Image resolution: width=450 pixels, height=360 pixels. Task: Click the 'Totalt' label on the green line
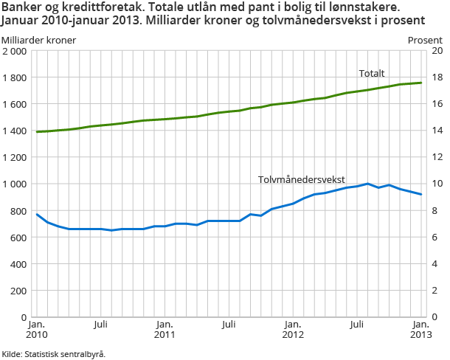pyautogui.click(x=372, y=73)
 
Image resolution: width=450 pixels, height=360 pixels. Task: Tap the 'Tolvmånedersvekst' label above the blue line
pyautogui.click(x=301, y=179)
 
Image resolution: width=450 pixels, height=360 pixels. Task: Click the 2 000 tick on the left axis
pyautogui.click(x=15, y=51)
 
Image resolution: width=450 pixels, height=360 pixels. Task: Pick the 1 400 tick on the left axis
pyautogui.click(x=15, y=131)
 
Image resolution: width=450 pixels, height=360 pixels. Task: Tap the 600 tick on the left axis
pyautogui.click(x=19, y=238)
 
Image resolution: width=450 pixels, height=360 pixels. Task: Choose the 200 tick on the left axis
pyautogui.click(x=19, y=291)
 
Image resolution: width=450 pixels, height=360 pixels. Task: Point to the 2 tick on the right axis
pyautogui.click(x=435, y=291)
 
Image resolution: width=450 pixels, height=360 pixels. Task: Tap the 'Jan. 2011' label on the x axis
pyautogui.click(x=165, y=330)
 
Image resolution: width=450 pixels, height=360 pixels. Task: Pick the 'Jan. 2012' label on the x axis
pyautogui.click(x=293, y=330)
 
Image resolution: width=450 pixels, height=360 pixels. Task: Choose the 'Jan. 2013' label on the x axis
pyautogui.click(x=420, y=330)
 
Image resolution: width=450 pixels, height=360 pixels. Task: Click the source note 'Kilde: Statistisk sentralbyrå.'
pyautogui.click(x=54, y=353)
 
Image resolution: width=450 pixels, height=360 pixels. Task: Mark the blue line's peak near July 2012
pyautogui.click(x=367, y=184)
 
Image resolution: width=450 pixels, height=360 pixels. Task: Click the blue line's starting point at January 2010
pyautogui.click(x=37, y=214)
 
